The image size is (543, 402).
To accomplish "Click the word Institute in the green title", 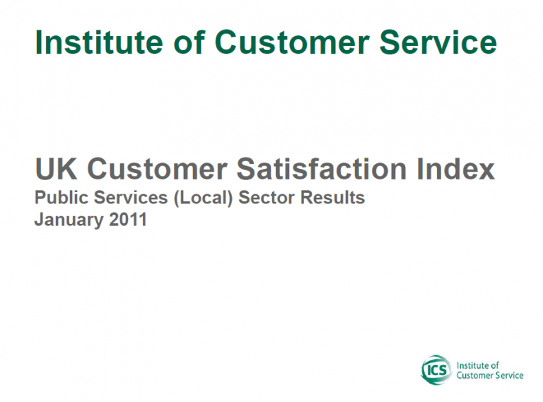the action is (99, 42).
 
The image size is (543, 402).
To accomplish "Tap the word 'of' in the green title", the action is (189, 42).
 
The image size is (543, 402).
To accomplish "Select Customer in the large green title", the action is (292, 42).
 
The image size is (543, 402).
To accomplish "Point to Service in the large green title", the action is (438, 42).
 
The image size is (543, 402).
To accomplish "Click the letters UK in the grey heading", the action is (56, 169).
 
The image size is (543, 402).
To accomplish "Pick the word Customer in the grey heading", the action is (157, 169).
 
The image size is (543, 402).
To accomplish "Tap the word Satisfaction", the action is (322, 169).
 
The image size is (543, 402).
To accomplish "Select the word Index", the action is (456, 169).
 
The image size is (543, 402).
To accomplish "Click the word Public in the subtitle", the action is (62, 198).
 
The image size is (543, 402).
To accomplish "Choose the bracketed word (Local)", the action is (204, 198).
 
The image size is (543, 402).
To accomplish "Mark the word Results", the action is (332, 198).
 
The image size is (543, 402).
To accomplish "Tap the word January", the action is (69, 220).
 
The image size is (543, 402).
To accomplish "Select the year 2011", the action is (128, 220).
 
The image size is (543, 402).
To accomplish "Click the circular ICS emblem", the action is (436, 370).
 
